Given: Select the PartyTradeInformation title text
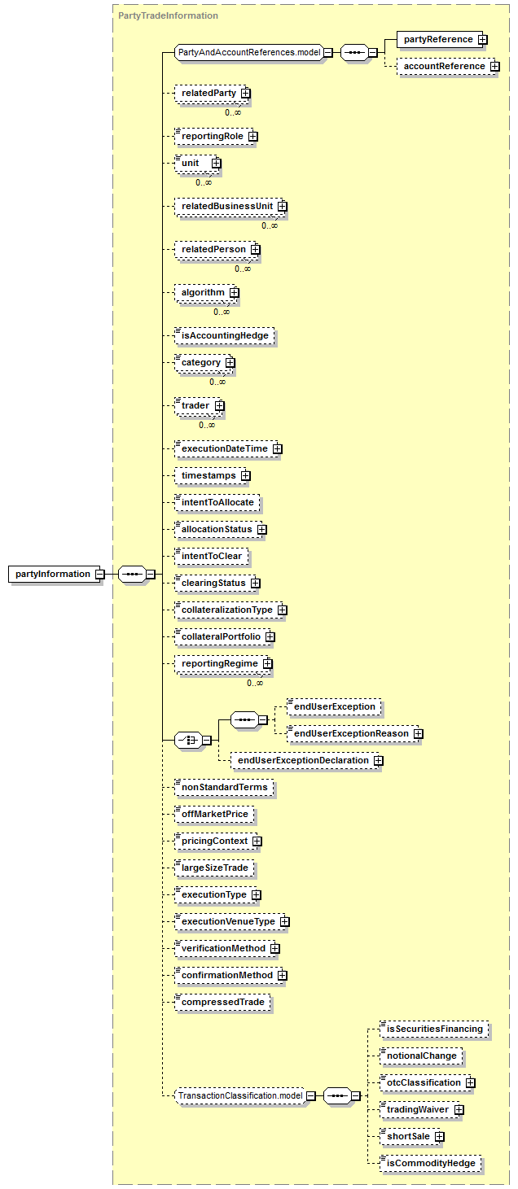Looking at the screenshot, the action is [168, 15].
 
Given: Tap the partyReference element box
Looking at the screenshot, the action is [439, 39].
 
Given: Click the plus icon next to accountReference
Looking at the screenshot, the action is [495, 67].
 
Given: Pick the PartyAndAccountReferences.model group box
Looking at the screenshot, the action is [249, 53].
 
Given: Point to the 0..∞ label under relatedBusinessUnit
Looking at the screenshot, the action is [270, 225].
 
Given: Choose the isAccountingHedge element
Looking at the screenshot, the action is [225, 335].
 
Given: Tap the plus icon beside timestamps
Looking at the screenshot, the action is [245, 475].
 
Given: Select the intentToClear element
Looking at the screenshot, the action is [212, 557].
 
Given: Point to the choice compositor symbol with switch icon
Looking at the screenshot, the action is [189, 740].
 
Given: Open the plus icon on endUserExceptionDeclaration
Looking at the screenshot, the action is [378, 761].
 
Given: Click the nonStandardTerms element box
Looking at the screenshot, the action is [224, 787].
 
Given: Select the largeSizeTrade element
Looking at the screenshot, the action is [215, 868].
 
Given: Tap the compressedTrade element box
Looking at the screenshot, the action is [222, 1002].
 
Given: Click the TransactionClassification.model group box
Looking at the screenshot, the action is [240, 1095].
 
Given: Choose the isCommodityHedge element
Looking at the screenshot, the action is [431, 1163].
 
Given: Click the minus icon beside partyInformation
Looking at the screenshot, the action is [100, 575].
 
